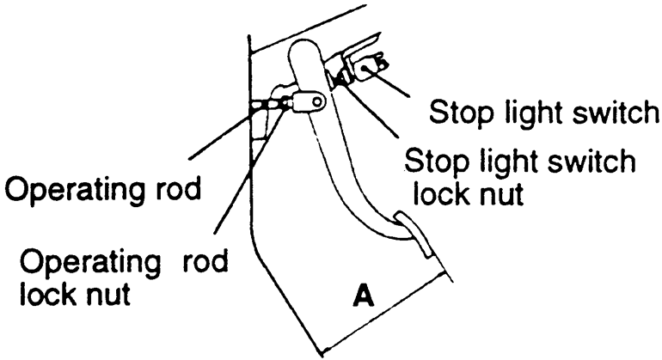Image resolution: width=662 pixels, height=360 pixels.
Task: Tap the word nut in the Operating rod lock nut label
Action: click(107, 295)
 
